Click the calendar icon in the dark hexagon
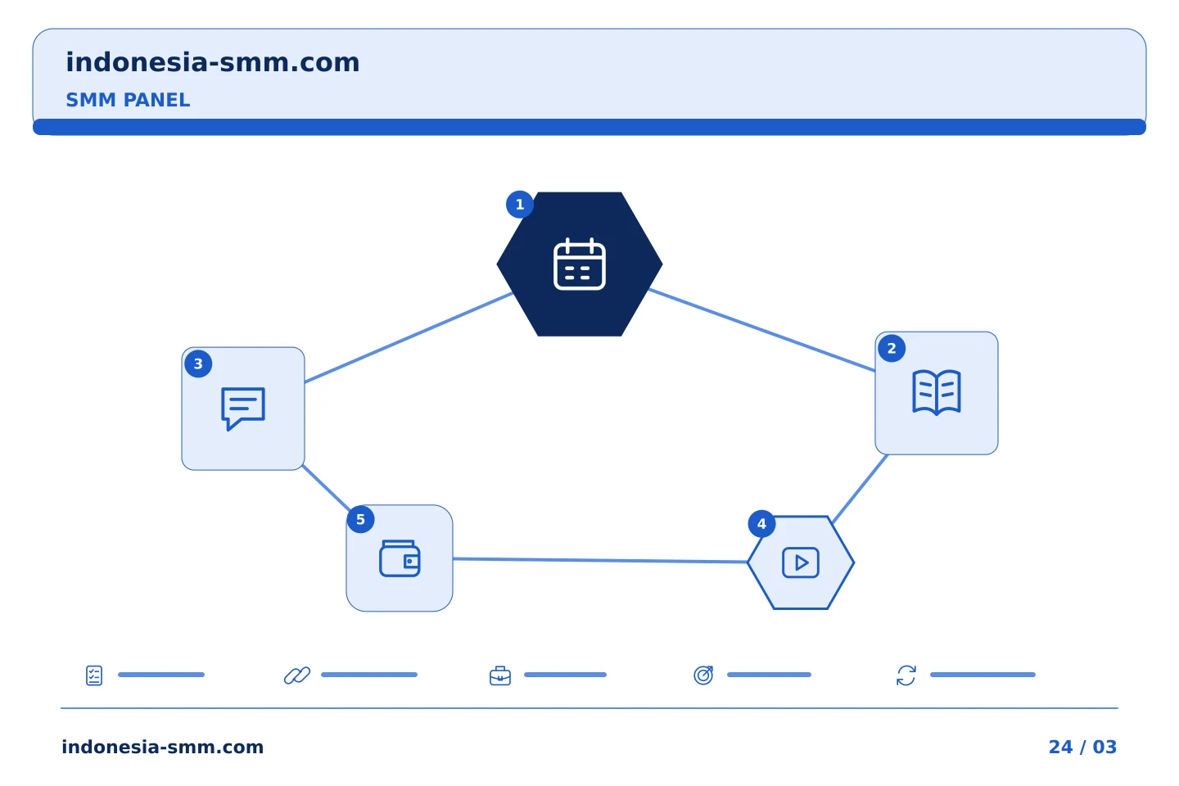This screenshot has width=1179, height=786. pyautogui.click(x=580, y=264)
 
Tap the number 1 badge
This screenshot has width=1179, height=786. pyautogui.click(x=519, y=205)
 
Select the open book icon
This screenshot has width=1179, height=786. pyautogui.click(x=937, y=393)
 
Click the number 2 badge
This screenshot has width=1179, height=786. pyautogui.click(x=892, y=349)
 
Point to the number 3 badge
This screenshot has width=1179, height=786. pyautogui.click(x=198, y=364)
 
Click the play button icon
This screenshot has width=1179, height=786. pyautogui.click(x=801, y=562)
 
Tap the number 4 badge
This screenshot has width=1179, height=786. pyautogui.click(x=761, y=524)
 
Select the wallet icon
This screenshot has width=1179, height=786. pyautogui.click(x=400, y=558)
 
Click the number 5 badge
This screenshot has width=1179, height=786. pyautogui.click(x=360, y=520)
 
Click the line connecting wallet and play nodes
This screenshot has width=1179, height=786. pyautogui.click(x=600, y=560)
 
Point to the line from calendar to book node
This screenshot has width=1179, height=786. pyautogui.click(x=762, y=330)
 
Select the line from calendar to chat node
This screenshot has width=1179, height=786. pyautogui.click(x=409, y=337)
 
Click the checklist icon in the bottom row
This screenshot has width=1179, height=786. pyautogui.click(x=94, y=675)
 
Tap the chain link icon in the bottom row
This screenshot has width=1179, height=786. pyautogui.click(x=297, y=675)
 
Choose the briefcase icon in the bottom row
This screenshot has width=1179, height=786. pyautogui.click(x=500, y=676)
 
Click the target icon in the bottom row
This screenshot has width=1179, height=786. pyautogui.click(x=703, y=675)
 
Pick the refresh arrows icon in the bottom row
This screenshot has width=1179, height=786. pyautogui.click(x=906, y=675)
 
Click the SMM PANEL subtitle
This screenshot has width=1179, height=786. pyautogui.click(x=128, y=100)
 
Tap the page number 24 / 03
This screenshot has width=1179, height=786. pyautogui.click(x=1082, y=747)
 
